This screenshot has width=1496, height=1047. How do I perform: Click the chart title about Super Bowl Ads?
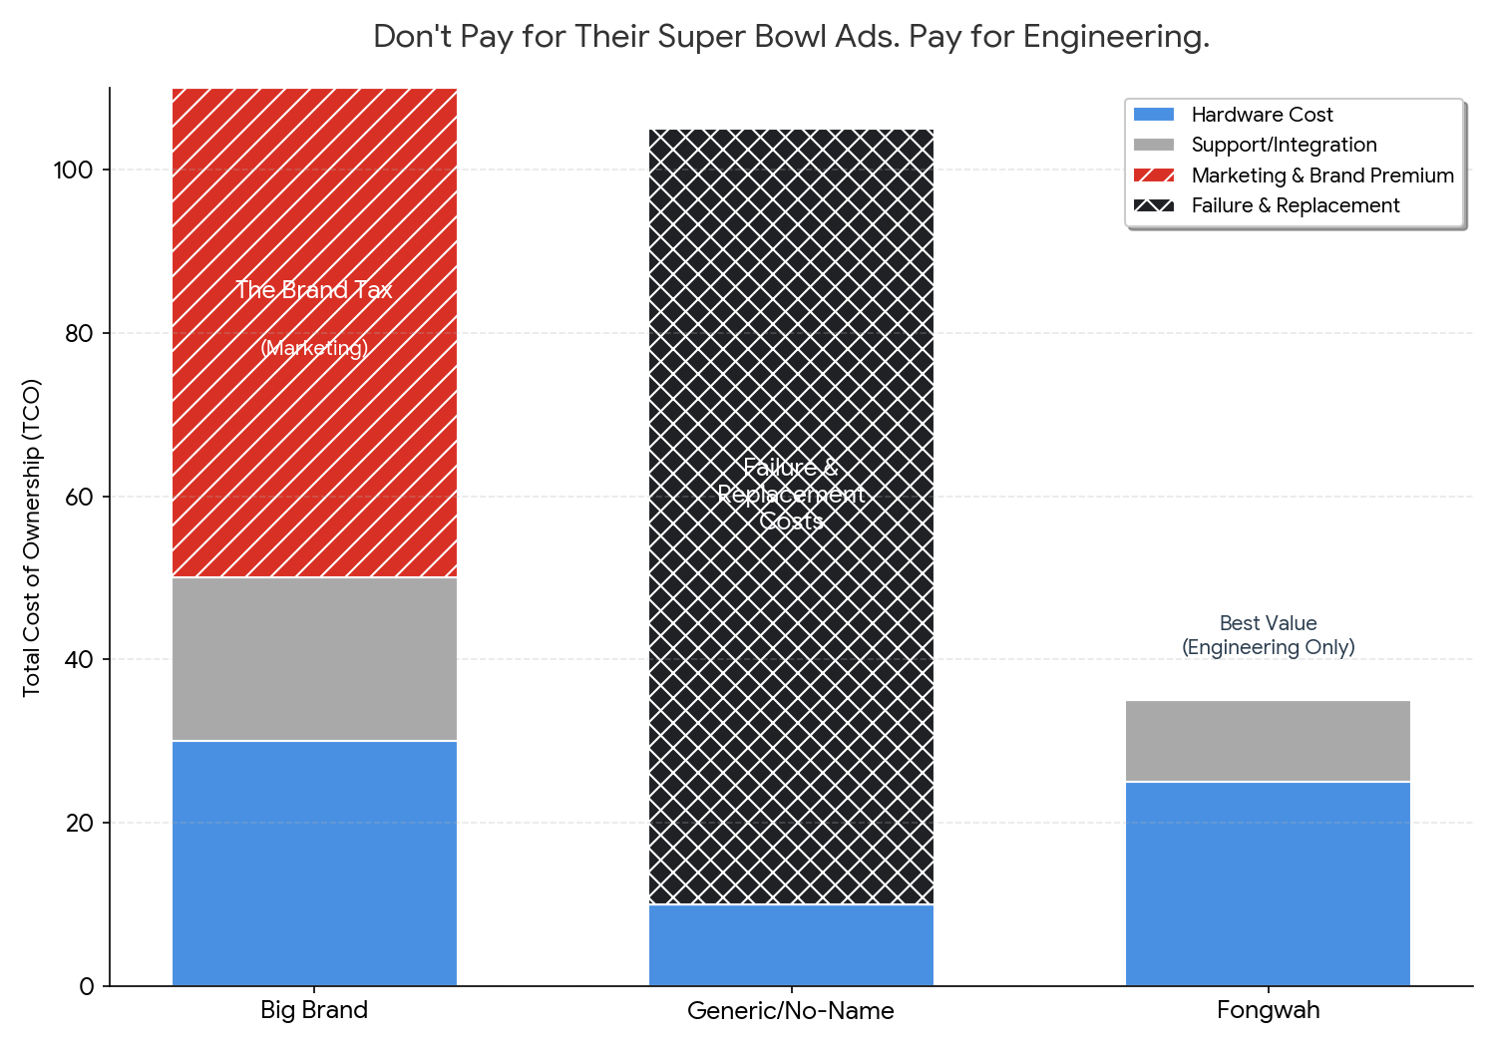click(x=791, y=37)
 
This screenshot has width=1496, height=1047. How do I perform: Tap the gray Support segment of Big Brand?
click(x=314, y=659)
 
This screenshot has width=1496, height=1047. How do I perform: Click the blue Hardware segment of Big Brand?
click(x=314, y=864)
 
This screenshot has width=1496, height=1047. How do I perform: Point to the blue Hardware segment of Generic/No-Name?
click(x=791, y=945)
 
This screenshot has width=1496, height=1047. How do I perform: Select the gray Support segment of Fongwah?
click(x=1268, y=741)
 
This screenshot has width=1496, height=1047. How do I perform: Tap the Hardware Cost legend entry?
click(x=1262, y=115)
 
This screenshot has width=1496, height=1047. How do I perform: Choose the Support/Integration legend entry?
click(x=1284, y=145)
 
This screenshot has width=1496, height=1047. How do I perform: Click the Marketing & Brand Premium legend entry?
click(x=1321, y=175)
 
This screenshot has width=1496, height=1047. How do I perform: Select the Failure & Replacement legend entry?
click(x=1295, y=205)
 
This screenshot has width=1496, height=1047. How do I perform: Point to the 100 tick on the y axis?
click(x=73, y=171)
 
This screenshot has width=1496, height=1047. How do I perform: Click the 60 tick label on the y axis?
click(x=79, y=497)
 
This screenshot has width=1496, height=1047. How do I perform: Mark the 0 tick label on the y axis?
click(x=87, y=986)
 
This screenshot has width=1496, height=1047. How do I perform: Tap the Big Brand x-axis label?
click(x=314, y=1010)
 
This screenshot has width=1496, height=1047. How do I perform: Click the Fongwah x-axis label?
click(x=1268, y=1010)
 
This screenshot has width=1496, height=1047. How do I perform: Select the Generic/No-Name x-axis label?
click(x=791, y=1011)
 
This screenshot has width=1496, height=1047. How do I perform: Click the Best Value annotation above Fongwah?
click(x=1268, y=635)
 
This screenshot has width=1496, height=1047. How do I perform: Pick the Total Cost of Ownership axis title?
click(x=32, y=537)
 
